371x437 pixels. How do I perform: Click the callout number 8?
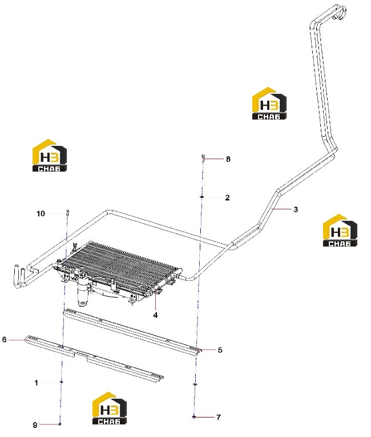[x=228, y=159]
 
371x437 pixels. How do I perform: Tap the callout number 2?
[x=228, y=197]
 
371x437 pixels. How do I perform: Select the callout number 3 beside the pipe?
[x=296, y=209]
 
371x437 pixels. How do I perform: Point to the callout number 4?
[x=155, y=315]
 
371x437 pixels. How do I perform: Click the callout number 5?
[x=220, y=349]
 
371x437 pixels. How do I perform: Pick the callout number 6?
[x=4, y=339]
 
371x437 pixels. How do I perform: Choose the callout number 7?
[x=219, y=417]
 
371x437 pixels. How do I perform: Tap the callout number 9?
[x=35, y=425]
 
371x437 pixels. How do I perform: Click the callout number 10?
[x=41, y=213]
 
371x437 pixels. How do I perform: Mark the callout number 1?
[x=36, y=383]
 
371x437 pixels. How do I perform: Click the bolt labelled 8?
[x=203, y=158]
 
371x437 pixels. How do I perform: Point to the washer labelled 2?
[x=201, y=197]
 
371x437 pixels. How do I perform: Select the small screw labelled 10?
[x=67, y=213]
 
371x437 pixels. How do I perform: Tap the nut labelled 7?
[x=194, y=417]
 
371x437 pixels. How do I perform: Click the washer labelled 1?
[x=62, y=382]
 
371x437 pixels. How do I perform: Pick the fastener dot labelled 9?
[x=60, y=424]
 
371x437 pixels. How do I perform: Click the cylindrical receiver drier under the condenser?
[x=83, y=292]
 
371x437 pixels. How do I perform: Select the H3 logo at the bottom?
[x=109, y=408]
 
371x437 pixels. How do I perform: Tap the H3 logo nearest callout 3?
[x=340, y=230]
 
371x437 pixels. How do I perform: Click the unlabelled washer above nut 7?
[x=195, y=384]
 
